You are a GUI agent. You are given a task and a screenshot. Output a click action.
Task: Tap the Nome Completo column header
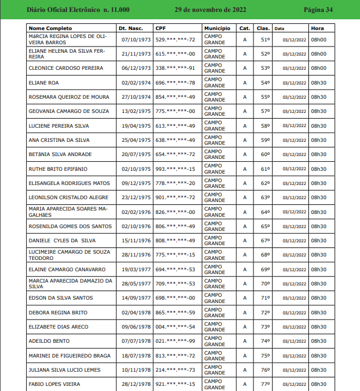pyautogui.click(x=50, y=28)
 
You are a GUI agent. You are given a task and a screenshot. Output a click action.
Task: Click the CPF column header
pyautogui.click(x=160, y=28)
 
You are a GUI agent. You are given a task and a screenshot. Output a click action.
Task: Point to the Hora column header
pyautogui.click(x=317, y=28)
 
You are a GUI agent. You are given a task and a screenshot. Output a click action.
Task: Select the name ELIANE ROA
pyautogui.click(x=44, y=82)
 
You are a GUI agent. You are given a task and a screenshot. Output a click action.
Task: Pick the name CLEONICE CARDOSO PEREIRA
pyautogui.click(x=66, y=68)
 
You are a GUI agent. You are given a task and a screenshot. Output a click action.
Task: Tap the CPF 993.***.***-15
pyautogui.click(x=175, y=169)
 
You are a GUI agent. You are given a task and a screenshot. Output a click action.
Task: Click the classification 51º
pyautogui.click(x=265, y=39)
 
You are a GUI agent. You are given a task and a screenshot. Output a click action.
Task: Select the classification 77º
pyautogui.click(x=265, y=384)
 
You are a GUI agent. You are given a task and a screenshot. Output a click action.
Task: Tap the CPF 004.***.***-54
pyautogui.click(x=175, y=327)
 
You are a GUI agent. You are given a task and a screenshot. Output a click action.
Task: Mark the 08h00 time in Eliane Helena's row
pyautogui.click(x=319, y=54)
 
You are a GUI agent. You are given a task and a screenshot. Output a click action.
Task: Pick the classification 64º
pyautogui.click(x=265, y=212)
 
